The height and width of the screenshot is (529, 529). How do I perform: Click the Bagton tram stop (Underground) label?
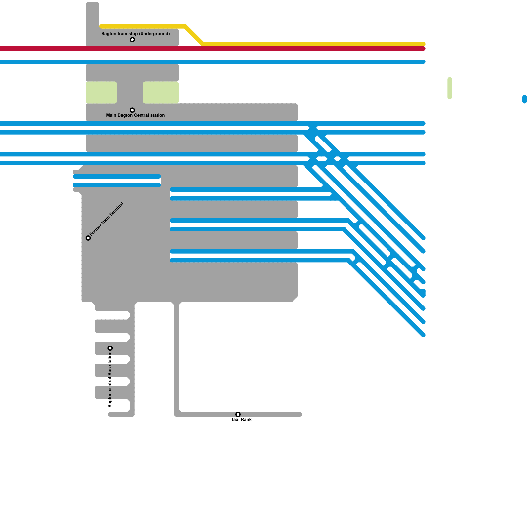(x=135, y=34)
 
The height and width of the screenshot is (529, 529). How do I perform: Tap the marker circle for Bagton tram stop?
(x=132, y=40)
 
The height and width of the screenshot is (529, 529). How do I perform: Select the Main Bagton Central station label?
(x=135, y=115)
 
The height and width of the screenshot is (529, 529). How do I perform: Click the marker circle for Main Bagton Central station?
(x=132, y=110)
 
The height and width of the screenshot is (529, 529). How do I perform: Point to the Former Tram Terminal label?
(x=106, y=219)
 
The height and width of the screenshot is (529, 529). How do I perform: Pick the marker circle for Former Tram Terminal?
(x=88, y=238)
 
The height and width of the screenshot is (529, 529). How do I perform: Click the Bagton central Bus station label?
(x=110, y=380)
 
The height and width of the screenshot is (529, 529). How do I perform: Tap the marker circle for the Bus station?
(x=110, y=348)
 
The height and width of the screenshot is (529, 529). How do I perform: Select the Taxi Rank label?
(x=241, y=420)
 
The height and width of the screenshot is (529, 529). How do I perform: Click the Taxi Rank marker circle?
(x=238, y=414)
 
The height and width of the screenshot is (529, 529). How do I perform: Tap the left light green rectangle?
(x=101, y=93)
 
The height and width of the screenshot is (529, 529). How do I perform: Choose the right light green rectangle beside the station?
(x=161, y=93)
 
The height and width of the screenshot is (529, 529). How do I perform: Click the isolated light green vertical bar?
(x=450, y=88)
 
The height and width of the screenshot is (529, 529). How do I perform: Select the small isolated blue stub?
(x=525, y=99)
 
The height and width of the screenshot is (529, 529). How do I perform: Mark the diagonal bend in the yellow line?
(x=194, y=35)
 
